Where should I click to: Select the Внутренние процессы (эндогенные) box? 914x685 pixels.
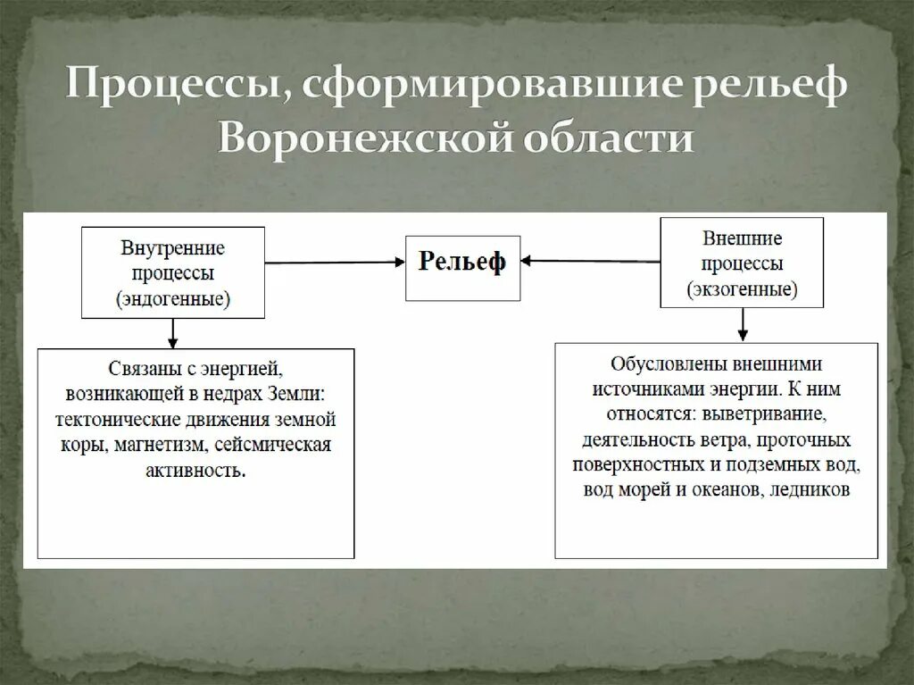click(x=173, y=272)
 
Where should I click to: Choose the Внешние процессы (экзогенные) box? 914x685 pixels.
click(x=742, y=263)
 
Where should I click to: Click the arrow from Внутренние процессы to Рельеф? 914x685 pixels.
click(x=335, y=263)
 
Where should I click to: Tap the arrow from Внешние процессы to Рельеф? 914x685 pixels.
click(x=590, y=261)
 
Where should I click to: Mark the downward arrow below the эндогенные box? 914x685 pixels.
click(x=173, y=333)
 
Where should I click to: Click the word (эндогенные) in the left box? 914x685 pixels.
click(x=173, y=299)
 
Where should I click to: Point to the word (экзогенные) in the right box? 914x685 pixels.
click(x=742, y=289)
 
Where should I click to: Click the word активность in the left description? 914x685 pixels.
click(x=195, y=470)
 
